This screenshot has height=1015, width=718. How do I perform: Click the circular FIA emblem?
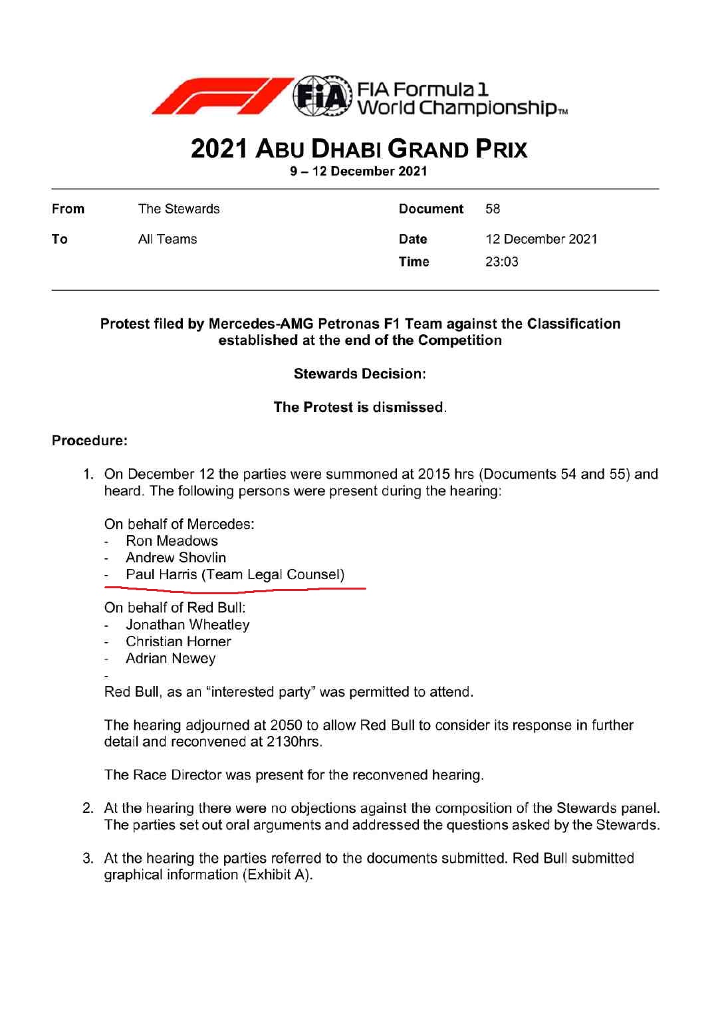point(322,97)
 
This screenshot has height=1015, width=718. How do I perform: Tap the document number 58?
point(493,209)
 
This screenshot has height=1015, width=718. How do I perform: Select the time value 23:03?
point(502,262)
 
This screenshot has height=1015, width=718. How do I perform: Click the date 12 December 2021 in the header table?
point(541,239)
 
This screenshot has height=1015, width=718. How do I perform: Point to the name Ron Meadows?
point(172,541)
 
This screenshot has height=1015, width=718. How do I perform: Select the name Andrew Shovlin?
point(176,558)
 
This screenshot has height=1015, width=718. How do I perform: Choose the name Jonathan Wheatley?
point(187,625)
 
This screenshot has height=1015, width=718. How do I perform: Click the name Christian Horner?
point(178,641)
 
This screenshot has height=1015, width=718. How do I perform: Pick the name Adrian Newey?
point(171,658)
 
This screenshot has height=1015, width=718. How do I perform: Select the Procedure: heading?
point(90,441)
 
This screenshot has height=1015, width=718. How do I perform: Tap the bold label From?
point(68,209)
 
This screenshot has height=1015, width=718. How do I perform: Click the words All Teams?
point(168,239)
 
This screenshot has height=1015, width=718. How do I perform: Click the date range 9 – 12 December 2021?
point(358,171)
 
